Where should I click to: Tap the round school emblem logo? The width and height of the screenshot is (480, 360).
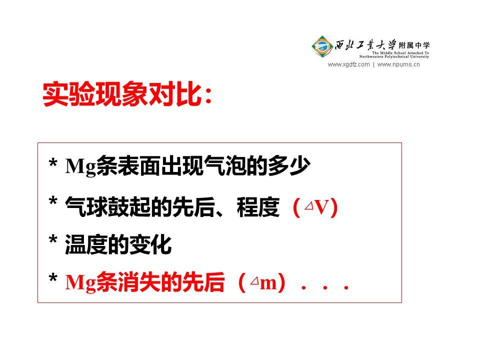322,46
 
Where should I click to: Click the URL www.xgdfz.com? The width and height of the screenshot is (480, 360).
348,64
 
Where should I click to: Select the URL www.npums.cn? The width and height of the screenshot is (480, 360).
398,64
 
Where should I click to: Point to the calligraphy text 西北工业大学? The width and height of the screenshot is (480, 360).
365,45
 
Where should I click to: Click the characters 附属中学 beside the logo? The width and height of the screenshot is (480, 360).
414,45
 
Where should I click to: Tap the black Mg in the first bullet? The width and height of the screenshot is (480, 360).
80,166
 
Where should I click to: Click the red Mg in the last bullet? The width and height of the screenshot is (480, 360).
80,282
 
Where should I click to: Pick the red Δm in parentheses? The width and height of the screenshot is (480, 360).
263,282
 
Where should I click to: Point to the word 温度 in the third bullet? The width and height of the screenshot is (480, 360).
86,244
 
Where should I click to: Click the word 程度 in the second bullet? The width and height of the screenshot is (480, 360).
258,207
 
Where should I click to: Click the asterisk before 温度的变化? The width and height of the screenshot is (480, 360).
53,239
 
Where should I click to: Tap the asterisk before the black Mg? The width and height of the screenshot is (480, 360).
53,162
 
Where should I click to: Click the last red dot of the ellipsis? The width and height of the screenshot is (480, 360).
346,288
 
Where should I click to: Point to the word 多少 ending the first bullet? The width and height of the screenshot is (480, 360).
289,166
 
